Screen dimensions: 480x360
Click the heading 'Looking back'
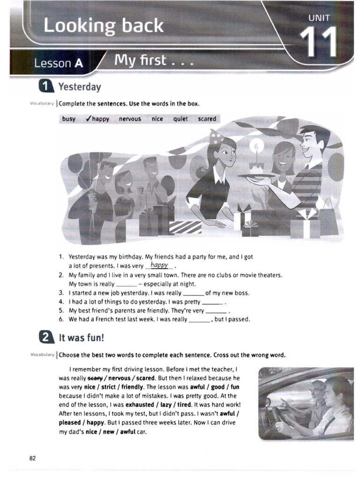pos(104,26)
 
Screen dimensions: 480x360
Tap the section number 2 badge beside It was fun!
pos(46,337)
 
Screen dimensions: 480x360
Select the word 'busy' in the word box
pos(68,119)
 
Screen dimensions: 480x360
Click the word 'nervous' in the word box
pos(130,119)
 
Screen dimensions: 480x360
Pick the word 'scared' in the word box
pos(207,119)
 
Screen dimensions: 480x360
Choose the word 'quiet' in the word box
pos(180,119)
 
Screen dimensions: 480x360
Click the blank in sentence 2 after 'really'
pos(126,284)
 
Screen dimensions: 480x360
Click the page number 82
pos(33,458)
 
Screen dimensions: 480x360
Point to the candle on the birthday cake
pos(256,147)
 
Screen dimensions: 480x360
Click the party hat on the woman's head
pos(216,136)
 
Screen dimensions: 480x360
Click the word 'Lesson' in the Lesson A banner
pos(50,63)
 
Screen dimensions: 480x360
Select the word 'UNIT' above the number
pos(319,18)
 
